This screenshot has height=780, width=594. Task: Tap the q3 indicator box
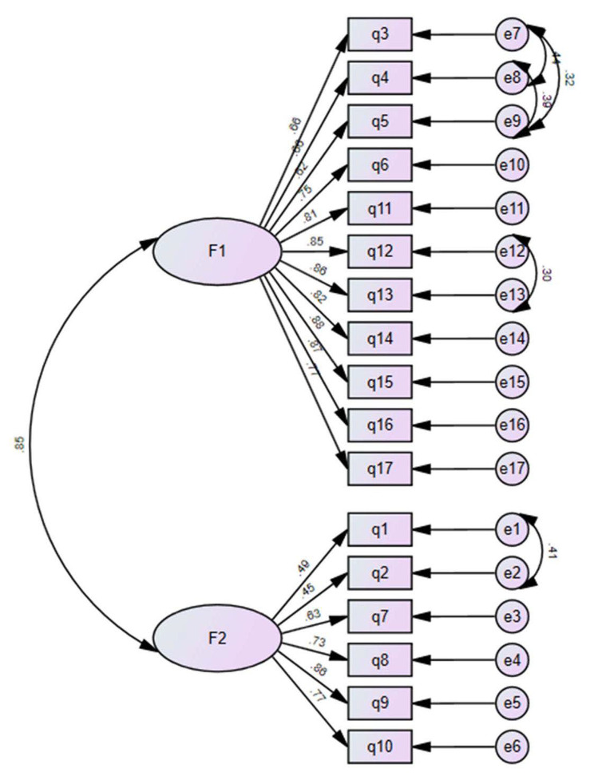click(379, 35)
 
